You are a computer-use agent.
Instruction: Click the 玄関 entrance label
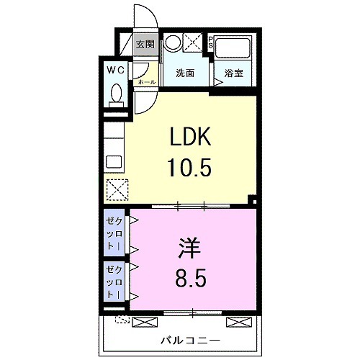click(145, 44)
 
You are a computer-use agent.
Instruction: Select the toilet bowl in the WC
click(115, 94)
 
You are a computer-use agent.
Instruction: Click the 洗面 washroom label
click(186, 73)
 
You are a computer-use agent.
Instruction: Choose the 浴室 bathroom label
click(233, 73)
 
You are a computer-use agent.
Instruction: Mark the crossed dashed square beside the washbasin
click(194, 42)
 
